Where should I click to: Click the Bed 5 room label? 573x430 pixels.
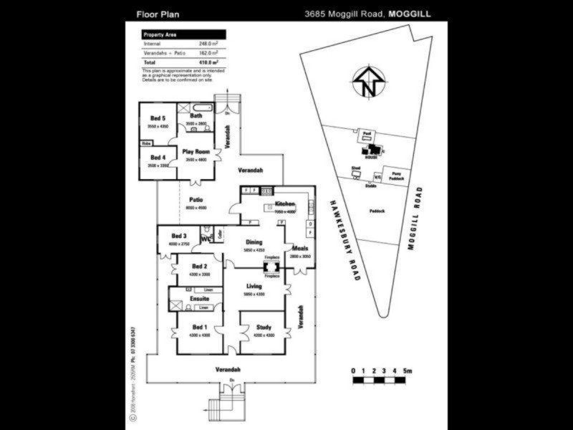point(158,118)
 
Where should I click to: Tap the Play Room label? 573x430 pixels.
point(196,152)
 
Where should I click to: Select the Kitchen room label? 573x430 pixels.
point(284,204)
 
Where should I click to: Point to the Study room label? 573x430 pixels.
point(264,328)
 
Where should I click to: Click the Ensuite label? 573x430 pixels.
point(200,298)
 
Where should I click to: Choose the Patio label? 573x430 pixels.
point(196,200)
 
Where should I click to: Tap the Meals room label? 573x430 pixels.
point(299,248)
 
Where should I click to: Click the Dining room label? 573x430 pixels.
point(254,242)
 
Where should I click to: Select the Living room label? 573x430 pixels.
point(254,287)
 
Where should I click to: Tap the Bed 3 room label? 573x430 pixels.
point(179,236)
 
